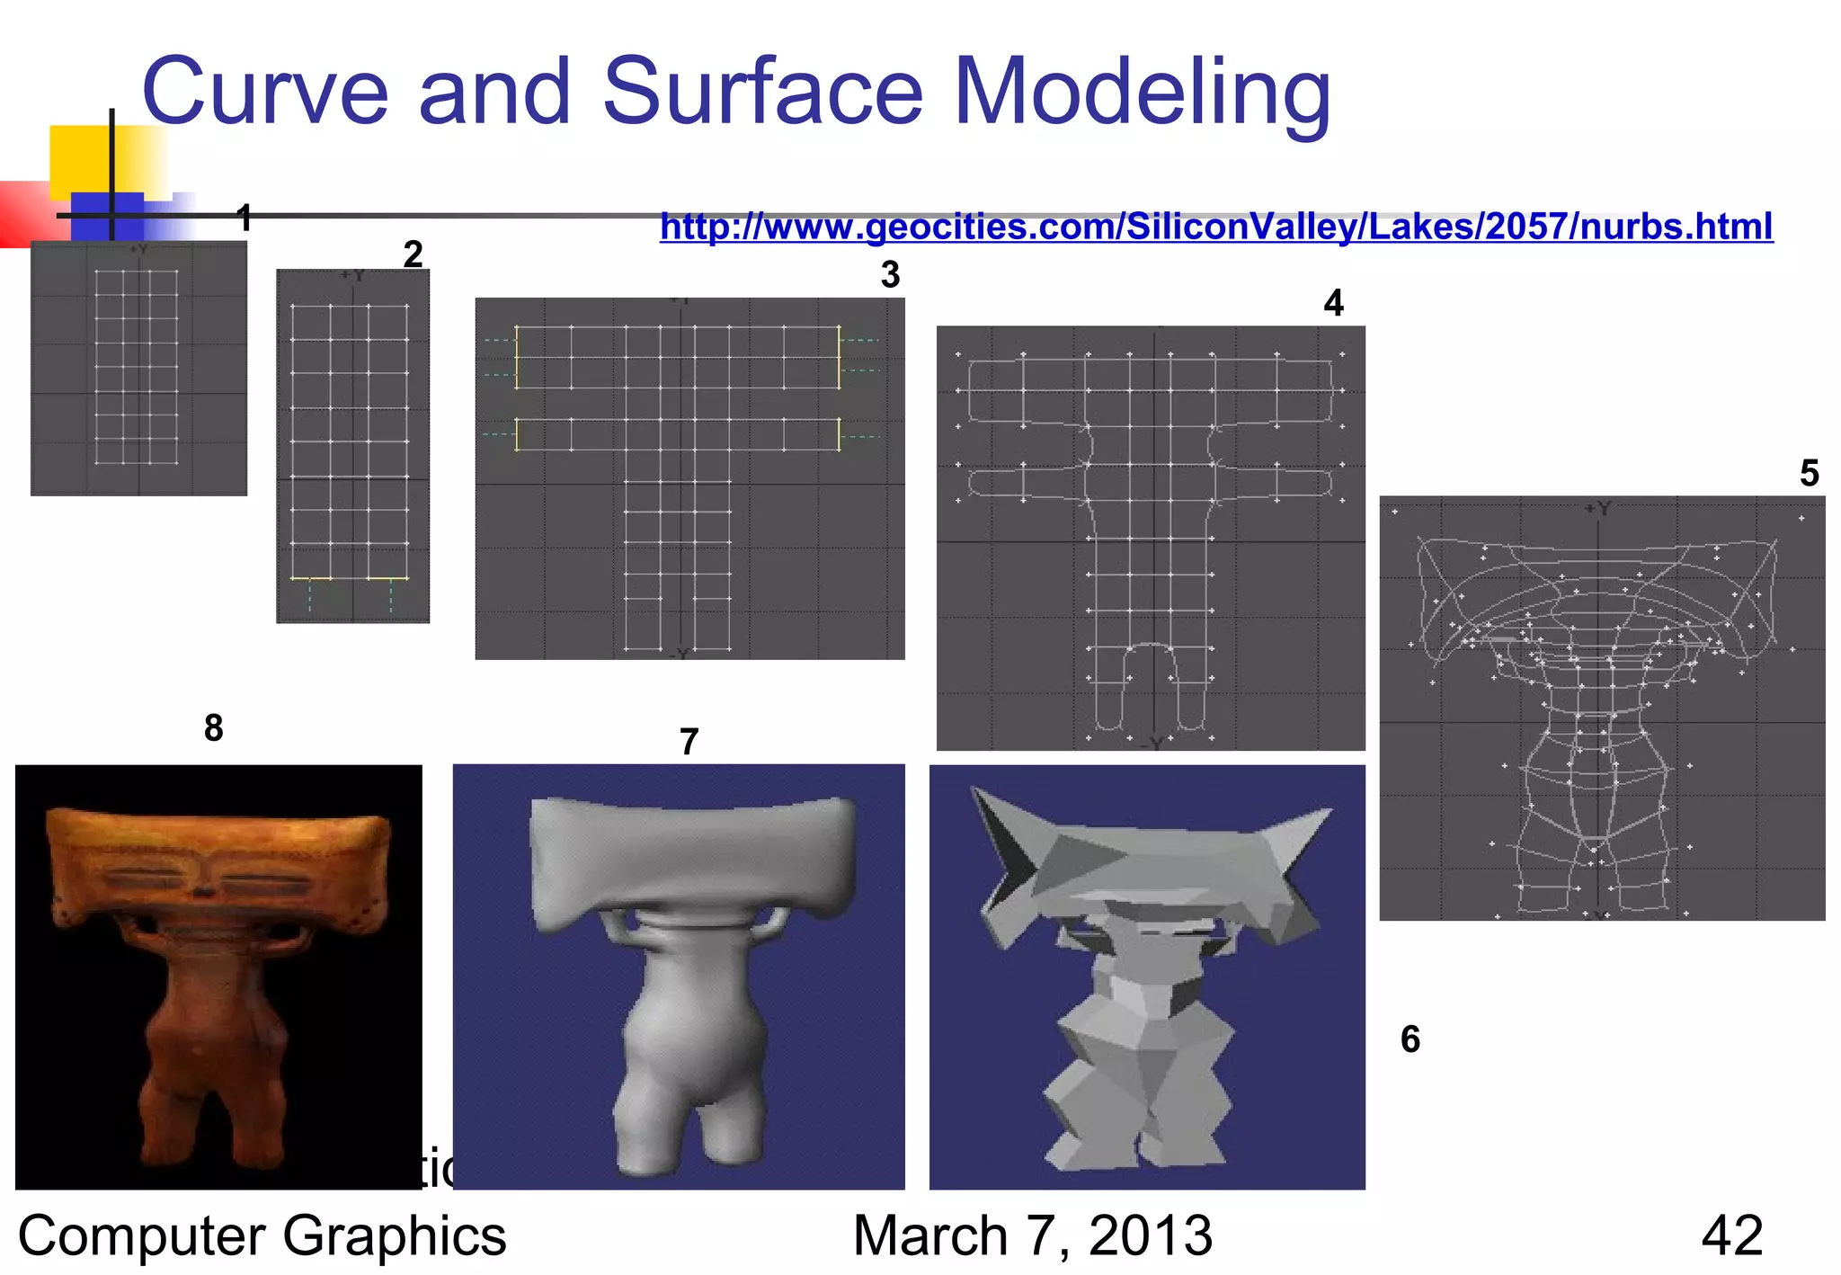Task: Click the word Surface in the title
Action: point(762,92)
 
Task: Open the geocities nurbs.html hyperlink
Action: point(1215,226)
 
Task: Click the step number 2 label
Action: point(413,254)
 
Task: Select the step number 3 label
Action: point(890,275)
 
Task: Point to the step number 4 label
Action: point(1333,304)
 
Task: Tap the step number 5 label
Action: point(1810,474)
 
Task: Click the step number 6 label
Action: point(1410,1039)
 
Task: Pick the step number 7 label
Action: point(689,743)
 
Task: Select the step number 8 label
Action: point(213,728)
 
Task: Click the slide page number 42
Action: point(1731,1235)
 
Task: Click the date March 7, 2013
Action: point(1032,1235)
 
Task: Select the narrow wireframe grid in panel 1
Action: point(137,367)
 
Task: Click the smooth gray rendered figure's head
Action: point(692,854)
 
